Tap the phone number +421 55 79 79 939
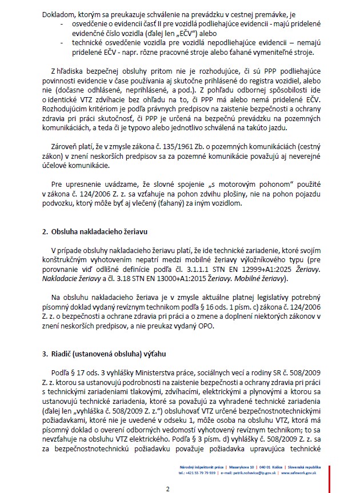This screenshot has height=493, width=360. point(197,473)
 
